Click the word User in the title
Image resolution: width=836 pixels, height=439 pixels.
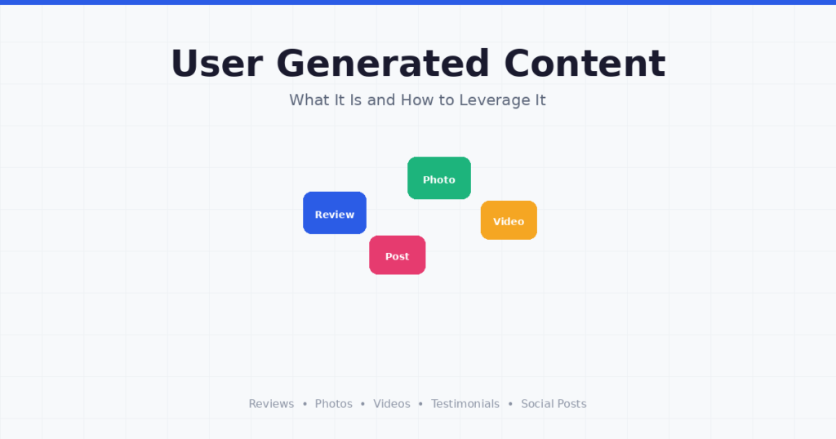pos(216,64)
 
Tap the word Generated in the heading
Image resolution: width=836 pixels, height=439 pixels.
pos(383,64)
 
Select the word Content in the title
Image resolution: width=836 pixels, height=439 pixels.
pos(585,64)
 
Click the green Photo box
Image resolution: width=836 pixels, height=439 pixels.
pos(439,178)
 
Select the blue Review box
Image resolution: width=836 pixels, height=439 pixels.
pos(335,213)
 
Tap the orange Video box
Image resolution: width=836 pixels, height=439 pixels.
pos(509,220)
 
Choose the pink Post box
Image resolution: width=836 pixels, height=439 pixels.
pos(398,255)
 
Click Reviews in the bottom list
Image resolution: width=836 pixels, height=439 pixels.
pos(271,404)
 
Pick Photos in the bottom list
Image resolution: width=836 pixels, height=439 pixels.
pos(334,404)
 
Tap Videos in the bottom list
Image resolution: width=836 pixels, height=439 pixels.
pos(392,404)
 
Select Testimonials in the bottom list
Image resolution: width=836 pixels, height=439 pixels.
pos(465,404)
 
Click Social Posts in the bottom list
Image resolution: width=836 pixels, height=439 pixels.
pos(554,404)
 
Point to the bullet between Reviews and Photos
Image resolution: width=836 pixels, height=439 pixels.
pos(305,405)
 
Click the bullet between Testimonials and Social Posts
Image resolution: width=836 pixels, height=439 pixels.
pos(510,405)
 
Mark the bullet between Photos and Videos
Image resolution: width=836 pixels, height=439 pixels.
pos(362,405)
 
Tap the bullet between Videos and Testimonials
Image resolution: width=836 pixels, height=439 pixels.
pos(420,405)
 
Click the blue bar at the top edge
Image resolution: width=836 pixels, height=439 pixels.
pos(418,2)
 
